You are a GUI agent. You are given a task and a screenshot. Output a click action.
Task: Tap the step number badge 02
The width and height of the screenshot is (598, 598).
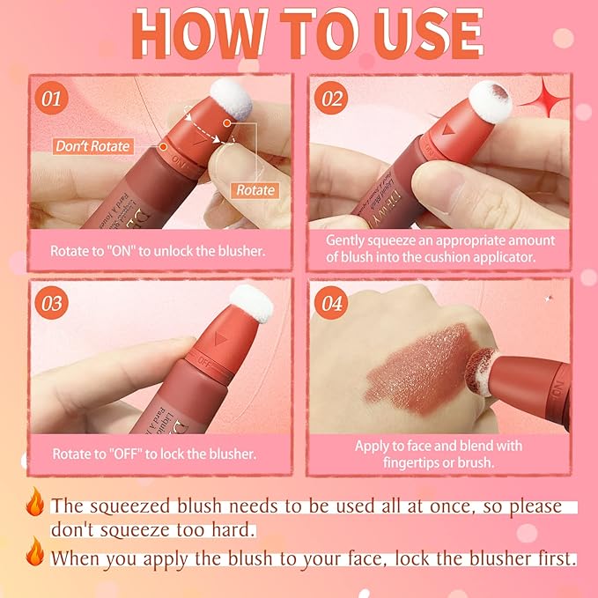(x=332, y=98)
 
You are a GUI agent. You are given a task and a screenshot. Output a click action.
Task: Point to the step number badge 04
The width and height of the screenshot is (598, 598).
(x=332, y=304)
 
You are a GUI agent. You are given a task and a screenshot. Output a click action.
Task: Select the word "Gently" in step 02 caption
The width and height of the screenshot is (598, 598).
(x=347, y=240)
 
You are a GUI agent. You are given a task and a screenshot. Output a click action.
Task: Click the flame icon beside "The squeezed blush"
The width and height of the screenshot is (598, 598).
(x=35, y=506)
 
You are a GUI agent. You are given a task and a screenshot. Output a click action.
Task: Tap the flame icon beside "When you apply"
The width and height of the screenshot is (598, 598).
(x=35, y=557)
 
